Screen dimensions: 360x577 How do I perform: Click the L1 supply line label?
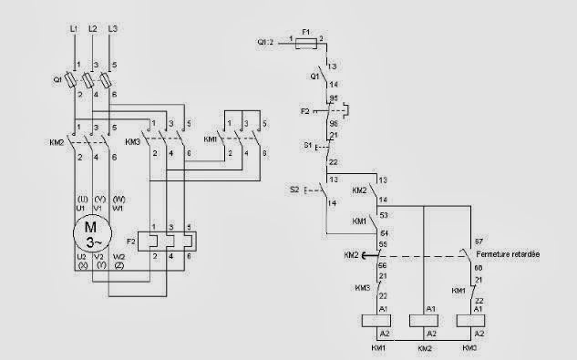(x=73, y=30)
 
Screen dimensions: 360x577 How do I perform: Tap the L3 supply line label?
(x=112, y=30)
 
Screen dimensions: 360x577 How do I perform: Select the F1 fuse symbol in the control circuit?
(x=307, y=42)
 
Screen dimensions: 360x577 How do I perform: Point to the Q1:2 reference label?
(x=265, y=42)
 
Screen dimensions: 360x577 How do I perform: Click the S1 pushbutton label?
(x=307, y=146)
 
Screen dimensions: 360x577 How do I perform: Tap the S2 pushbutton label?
(x=294, y=190)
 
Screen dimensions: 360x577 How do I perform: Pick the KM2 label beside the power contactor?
(x=57, y=143)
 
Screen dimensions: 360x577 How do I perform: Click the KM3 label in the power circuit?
(x=132, y=143)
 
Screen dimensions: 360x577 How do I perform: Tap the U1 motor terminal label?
(x=75, y=207)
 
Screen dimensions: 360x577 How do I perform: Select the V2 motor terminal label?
(x=96, y=258)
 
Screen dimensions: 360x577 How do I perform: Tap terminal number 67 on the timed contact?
(x=479, y=241)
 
